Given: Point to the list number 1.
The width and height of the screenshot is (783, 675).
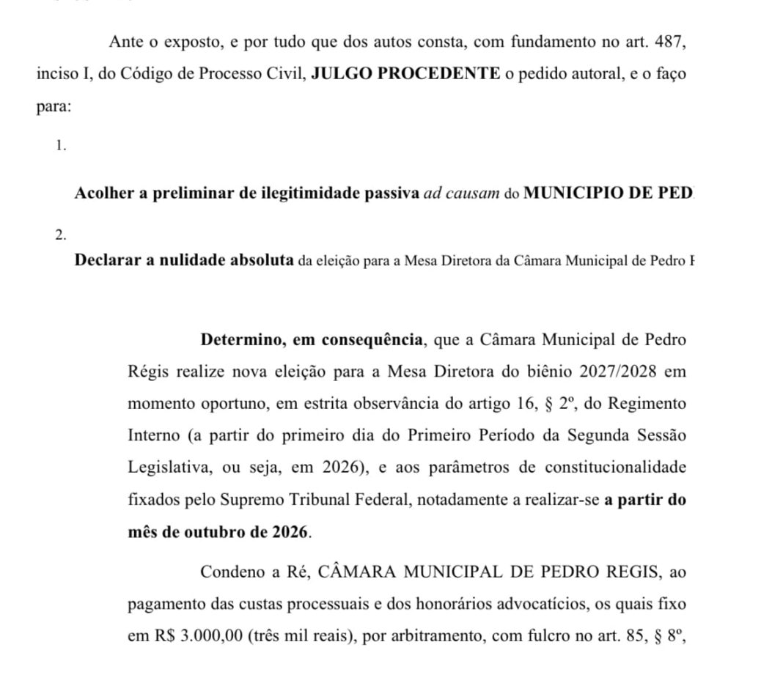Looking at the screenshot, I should pos(61,145).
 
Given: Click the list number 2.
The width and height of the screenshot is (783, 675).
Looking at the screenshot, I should pos(61,235).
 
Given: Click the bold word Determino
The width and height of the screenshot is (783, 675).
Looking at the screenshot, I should pos(241,340).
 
